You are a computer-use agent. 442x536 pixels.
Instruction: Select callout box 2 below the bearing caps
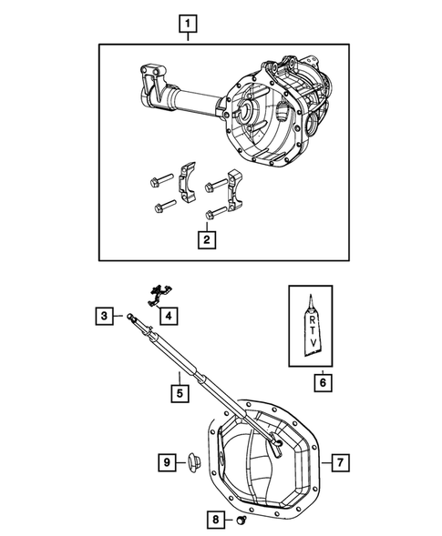pyautogui.click(x=208, y=240)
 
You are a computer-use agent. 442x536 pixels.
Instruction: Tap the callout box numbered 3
pyautogui.click(x=105, y=316)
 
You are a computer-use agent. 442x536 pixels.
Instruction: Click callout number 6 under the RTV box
pyautogui.click(x=321, y=383)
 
